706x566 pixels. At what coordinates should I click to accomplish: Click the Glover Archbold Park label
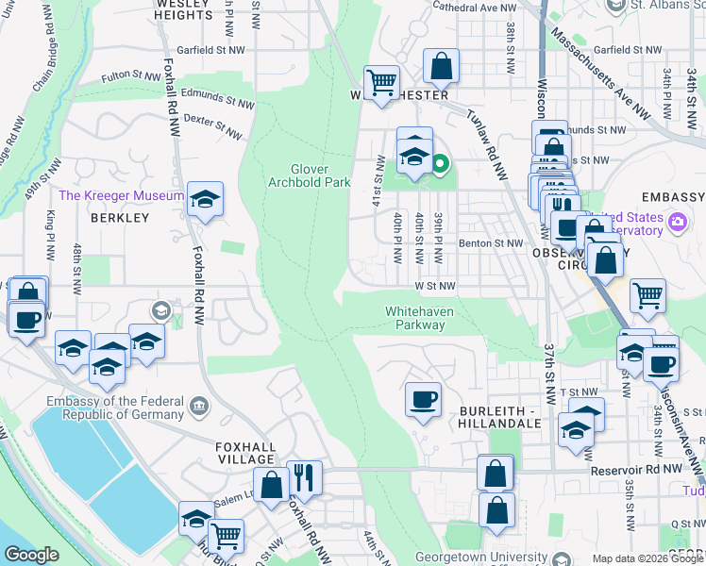309,175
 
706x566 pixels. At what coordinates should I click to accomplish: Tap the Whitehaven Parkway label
415,318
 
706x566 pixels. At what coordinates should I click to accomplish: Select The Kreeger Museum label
121,195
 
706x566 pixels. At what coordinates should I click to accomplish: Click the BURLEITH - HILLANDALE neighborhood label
500,418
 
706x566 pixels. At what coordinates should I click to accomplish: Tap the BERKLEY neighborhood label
120,218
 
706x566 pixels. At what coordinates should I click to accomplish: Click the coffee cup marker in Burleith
423,399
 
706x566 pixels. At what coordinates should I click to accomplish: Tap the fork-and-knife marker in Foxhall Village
303,477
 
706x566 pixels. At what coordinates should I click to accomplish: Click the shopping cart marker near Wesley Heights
381,83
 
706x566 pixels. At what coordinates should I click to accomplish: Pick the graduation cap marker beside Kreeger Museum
205,199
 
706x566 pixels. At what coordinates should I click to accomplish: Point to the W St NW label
433,285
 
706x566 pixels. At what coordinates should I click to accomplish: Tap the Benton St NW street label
490,243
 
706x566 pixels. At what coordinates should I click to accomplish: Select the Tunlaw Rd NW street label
485,141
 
